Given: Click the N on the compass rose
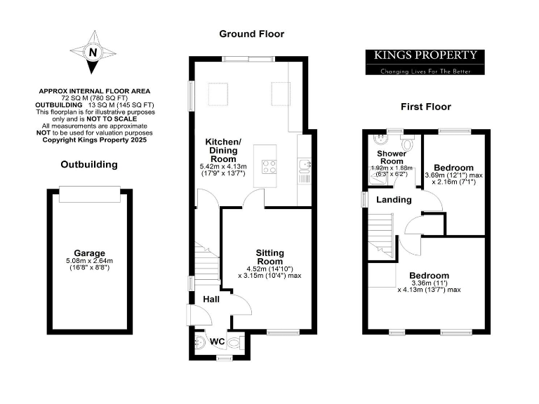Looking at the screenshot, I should [x=91, y=52].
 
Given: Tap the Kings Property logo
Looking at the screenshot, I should [x=425, y=61].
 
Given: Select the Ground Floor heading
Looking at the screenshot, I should [x=251, y=34].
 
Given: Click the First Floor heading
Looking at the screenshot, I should [x=425, y=107].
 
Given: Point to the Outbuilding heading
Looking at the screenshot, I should [x=89, y=165].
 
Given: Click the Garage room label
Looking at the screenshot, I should [x=89, y=253].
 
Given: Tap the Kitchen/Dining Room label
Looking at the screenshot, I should [x=222, y=151].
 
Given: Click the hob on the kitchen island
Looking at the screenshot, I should [x=269, y=166].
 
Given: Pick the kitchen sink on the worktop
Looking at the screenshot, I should [x=304, y=165].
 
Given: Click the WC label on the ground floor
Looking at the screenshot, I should [x=218, y=342].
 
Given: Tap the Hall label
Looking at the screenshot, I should [x=211, y=299].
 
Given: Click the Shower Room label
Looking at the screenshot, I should [x=390, y=157].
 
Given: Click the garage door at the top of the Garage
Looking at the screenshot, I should [x=89, y=195].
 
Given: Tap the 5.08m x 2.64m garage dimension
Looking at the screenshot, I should [x=89, y=261].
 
